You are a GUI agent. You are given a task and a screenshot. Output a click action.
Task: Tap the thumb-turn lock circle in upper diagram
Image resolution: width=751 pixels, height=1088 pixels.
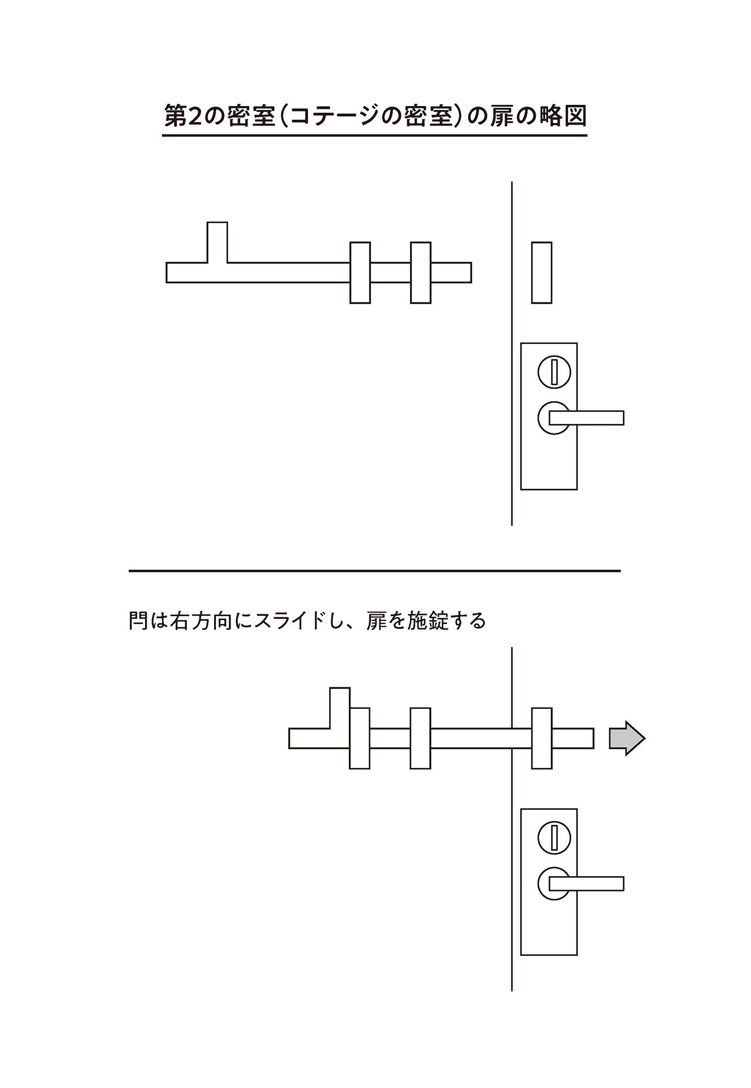click(x=554, y=372)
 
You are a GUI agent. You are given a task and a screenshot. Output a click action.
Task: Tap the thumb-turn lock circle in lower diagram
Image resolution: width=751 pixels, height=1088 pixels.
click(x=554, y=838)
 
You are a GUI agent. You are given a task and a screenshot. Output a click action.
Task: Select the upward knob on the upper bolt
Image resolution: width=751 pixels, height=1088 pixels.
click(x=217, y=242)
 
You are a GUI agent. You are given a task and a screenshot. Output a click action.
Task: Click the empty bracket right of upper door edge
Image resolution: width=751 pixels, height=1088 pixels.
click(x=541, y=273)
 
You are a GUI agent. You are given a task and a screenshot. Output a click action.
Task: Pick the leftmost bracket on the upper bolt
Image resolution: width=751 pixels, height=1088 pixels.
click(x=360, y=273)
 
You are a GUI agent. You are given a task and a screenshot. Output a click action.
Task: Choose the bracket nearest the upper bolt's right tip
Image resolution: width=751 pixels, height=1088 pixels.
click(x=421, y=273)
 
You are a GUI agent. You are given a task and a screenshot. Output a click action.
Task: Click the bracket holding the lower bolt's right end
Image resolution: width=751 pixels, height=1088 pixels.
click(x=542, y=738)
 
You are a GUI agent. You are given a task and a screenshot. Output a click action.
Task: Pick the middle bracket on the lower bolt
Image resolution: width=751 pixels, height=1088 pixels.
click(x=420, y=738)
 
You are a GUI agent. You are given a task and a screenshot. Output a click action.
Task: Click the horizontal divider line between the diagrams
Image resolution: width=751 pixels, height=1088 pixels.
click(x=374, y=571)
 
